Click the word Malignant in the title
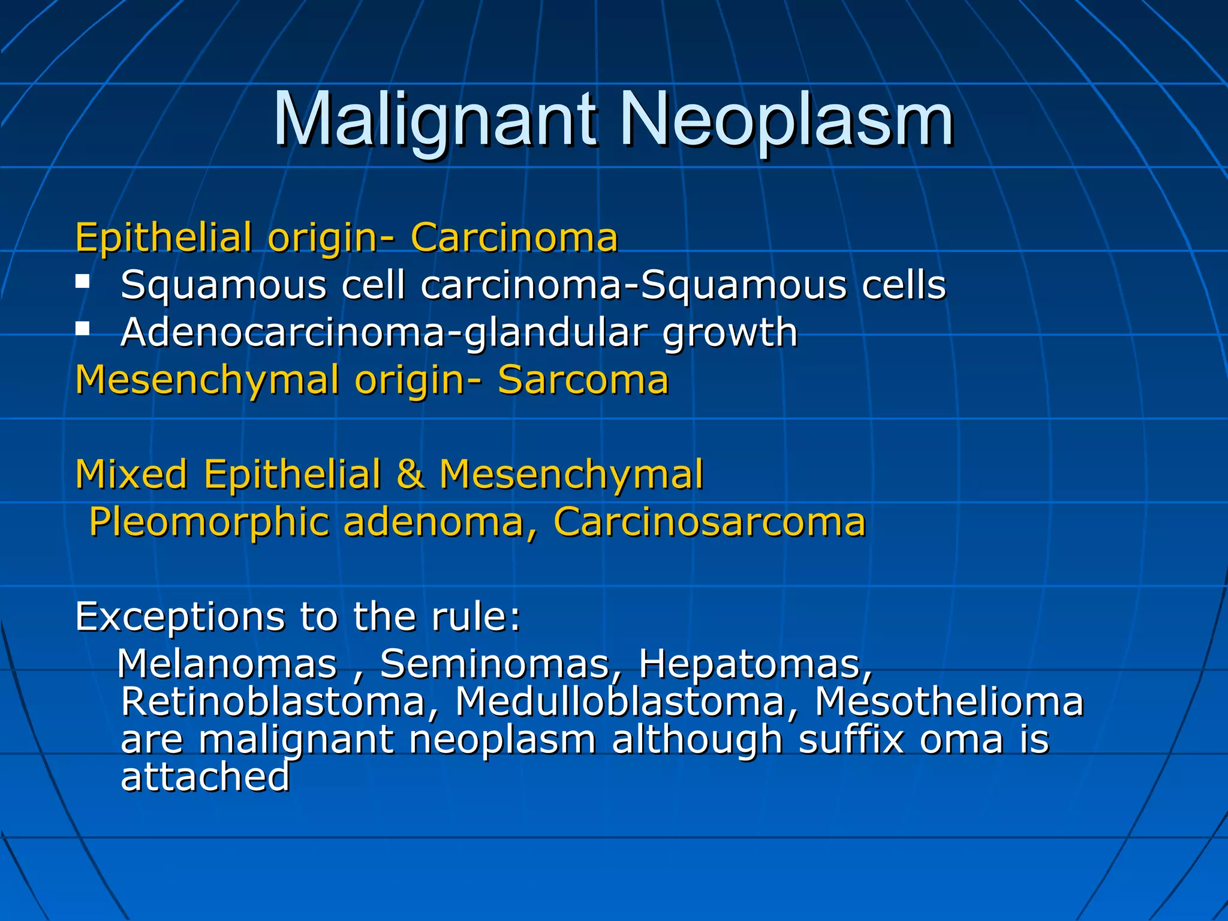point(435,120)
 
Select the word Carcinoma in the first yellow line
point(514,237)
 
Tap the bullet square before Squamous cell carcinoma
point(83,281)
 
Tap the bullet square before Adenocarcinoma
point(83,328)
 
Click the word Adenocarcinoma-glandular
point(384,332)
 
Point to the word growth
point(730,333)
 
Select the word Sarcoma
point(583,380)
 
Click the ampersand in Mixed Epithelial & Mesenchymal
point(410,474)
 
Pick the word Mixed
point(131,474)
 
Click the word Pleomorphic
point(209,522)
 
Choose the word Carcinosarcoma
point(709,522)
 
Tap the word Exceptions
point(180,617)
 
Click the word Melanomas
point(227,664)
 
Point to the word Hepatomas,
point(755,664)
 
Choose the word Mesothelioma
point(949,702)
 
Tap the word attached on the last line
point(206,777)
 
